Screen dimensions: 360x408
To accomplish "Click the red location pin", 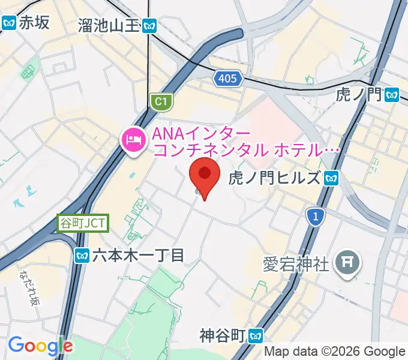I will (x=204, y=176).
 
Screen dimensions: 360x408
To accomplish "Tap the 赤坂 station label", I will (x=34, y=23).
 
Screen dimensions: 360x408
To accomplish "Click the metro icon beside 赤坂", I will (x=9, y=23).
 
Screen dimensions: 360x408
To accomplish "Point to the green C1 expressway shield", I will (x=160, y=102).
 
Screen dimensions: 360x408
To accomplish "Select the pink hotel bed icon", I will (x=133, y=140).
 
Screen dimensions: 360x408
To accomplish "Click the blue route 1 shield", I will (x=314, y=217).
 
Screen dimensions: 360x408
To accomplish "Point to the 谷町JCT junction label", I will (x=83, y=223).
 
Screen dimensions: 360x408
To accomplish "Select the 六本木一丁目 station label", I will (x=137, y=256).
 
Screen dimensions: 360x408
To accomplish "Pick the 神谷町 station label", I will (x=224, y=335).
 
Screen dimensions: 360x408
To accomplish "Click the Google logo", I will (x=40, y=346).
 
